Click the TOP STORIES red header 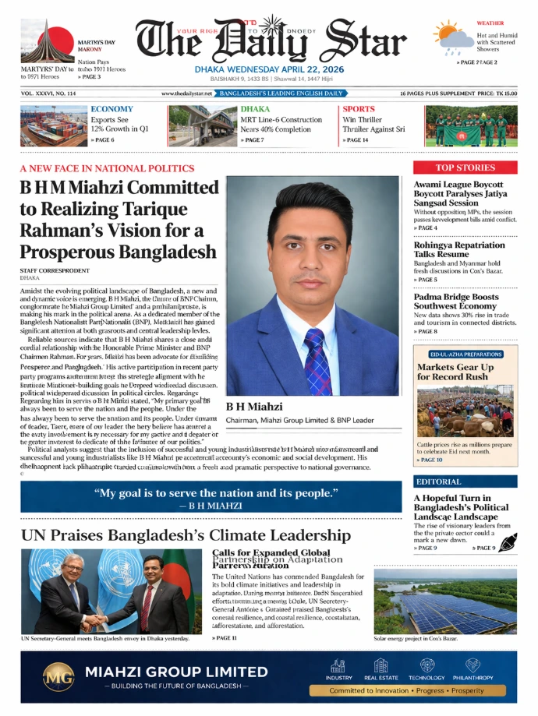click(465, 168)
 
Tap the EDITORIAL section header click(438, 481)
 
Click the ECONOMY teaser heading click(111, 109)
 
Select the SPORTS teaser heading click(359, 109)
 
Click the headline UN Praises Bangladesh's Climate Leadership click(185, 535)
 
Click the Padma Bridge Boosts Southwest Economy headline click(455, 302)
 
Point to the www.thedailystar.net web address click(187, 93)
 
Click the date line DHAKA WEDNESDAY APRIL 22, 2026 click(268, 69)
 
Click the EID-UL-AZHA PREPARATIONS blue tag click(458, 354)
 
